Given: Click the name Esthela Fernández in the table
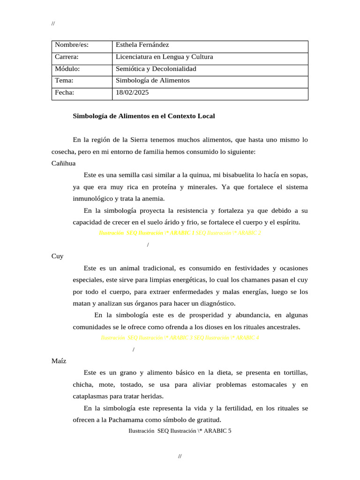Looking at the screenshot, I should tap(142, 45).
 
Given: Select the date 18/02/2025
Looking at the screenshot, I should tap(132, 93).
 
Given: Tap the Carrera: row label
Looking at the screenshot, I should tap(66, 57).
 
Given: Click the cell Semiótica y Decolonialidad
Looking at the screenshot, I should tap(156, 69).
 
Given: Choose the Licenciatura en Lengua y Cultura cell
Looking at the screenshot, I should tap(164, 57).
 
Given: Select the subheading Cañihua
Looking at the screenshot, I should tap(63, 163).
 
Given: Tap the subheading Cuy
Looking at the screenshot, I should tap(57, 256).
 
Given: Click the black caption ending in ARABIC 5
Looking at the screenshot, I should tap(180, 431).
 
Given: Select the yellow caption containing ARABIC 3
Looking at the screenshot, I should tap(180, 337).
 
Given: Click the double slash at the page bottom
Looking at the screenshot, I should tap(180, 456).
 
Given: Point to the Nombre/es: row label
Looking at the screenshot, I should tap(71, 45).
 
